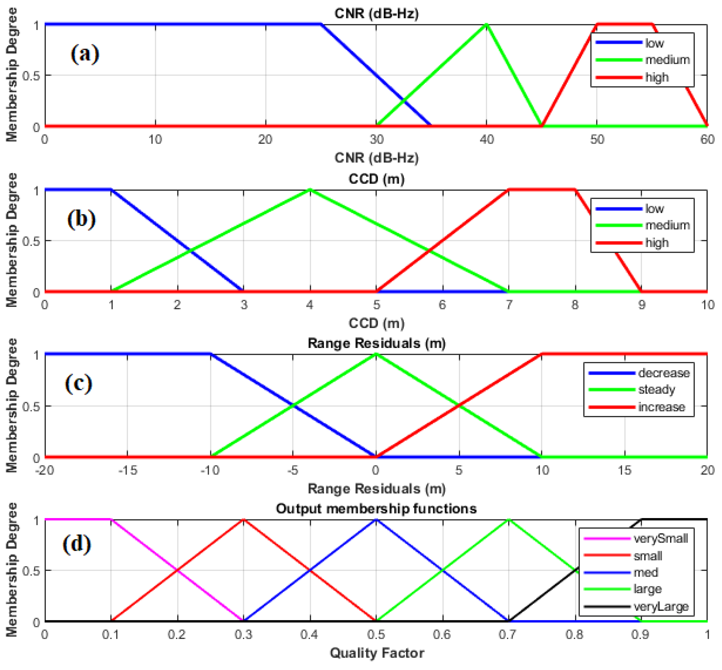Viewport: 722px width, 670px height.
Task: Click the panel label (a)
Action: coord(85,54)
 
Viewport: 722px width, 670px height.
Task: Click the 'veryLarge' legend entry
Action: coord(660,606)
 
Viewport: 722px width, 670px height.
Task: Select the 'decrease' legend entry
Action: coord(664,373)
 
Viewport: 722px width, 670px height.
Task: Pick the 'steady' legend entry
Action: coord(656,390)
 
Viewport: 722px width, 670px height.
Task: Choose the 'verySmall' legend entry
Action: coord(660,538)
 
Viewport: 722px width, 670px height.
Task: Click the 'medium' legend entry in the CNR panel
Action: coord(667,60)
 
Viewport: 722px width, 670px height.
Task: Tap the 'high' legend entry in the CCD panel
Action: coord(657,243)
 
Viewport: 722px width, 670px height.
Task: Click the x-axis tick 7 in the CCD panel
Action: coord(509,305)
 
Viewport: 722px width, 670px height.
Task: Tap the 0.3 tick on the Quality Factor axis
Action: coord(243,634)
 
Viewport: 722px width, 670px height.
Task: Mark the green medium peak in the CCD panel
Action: coord(310,190)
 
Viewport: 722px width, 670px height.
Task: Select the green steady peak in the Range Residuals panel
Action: coord(376,354)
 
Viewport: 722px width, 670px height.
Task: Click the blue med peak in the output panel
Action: coord(376,520)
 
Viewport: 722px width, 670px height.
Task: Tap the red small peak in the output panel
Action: coord(244,520)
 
